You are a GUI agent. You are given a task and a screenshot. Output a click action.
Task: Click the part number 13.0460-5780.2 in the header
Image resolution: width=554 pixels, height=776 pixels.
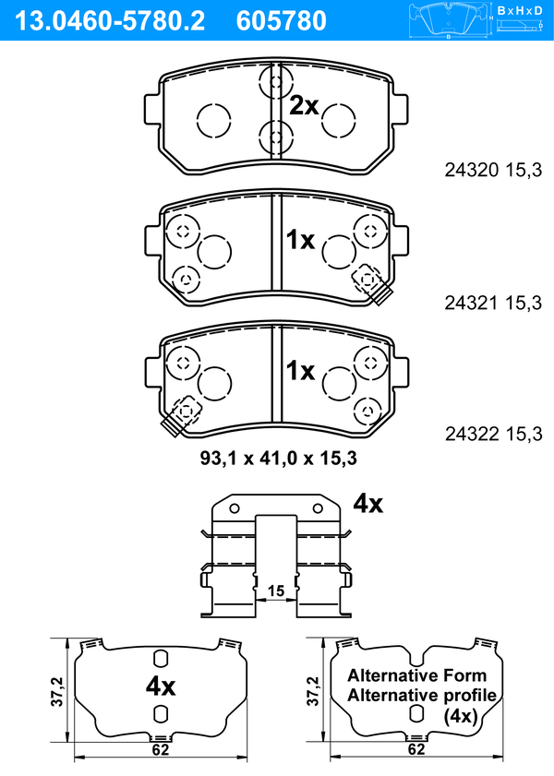tap(109, 21)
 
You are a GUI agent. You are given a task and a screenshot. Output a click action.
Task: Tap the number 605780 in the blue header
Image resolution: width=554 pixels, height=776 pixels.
tap(282, 21)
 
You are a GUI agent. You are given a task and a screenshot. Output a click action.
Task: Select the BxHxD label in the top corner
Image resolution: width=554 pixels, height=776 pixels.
tap(519, 10)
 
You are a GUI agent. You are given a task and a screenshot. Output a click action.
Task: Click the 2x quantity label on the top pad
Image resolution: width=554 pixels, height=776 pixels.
tap(304, 105)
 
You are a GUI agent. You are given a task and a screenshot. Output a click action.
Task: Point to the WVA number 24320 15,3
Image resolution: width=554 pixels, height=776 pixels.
tap(493, 171)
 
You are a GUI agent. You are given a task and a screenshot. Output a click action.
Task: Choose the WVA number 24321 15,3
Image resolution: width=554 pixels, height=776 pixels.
tap(493, 303)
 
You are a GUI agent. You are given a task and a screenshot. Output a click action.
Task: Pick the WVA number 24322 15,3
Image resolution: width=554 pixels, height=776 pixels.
tap(493, 434)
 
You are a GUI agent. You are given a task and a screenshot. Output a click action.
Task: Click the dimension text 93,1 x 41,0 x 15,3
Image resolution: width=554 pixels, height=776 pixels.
tap(278, 459)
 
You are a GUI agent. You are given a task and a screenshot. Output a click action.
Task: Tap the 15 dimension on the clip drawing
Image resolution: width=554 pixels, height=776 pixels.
tap(276, 591)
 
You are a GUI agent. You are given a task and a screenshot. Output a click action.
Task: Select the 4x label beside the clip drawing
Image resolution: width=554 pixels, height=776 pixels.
tap(367, 504)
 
